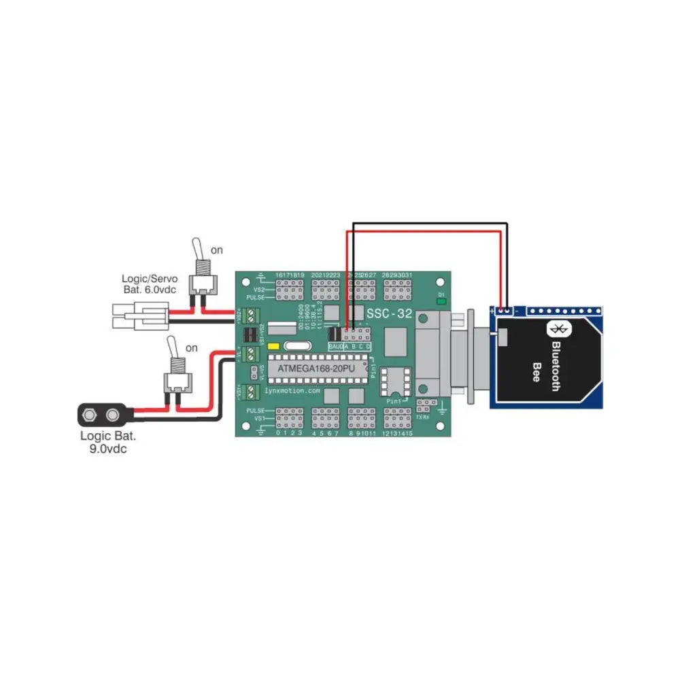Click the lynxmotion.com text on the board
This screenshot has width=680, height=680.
293,391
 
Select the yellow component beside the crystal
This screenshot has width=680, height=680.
275,346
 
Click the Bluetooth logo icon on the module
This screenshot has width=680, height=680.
559,330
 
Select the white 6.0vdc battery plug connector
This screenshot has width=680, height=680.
139,318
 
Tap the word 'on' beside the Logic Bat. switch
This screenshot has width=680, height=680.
192,347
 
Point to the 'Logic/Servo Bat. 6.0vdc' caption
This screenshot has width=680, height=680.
150,284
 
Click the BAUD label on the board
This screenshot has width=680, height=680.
335,347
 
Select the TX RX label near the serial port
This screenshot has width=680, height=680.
423,417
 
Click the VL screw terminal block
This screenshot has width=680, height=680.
252,354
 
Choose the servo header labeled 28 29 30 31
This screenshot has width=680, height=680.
397,291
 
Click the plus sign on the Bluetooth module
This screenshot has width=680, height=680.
492,311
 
